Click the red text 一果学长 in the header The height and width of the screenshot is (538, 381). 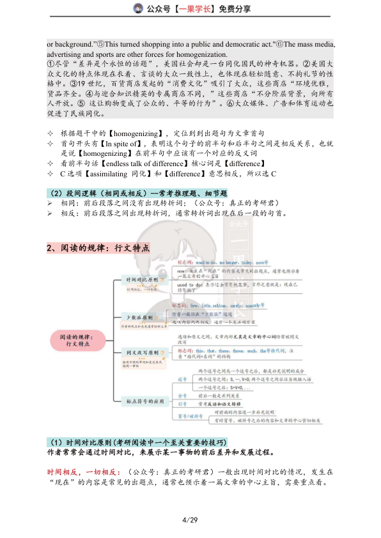(186, 9)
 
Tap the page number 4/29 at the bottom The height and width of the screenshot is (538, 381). (190, 519)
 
